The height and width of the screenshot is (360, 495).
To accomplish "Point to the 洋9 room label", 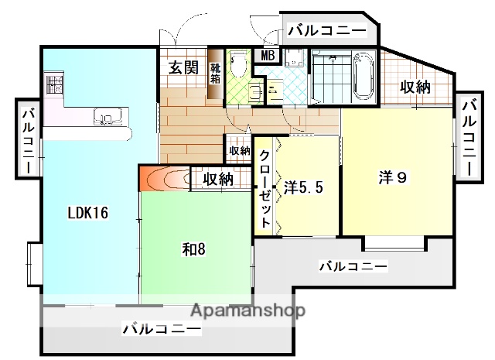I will pos(392,177).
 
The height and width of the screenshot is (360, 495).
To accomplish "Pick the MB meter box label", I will pos(268,55).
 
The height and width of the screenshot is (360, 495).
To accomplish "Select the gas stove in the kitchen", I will pos(56,84).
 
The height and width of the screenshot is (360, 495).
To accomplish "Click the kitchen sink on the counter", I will pos(107,118).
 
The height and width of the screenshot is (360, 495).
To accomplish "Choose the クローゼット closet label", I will pos(265,189).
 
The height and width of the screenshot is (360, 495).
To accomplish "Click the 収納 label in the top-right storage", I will pos(414,87).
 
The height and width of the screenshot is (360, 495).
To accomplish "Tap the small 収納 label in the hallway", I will pos(239,149).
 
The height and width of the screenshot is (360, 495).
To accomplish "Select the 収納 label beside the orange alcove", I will pos(217,179).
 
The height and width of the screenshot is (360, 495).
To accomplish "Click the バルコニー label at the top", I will pos(327,31).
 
